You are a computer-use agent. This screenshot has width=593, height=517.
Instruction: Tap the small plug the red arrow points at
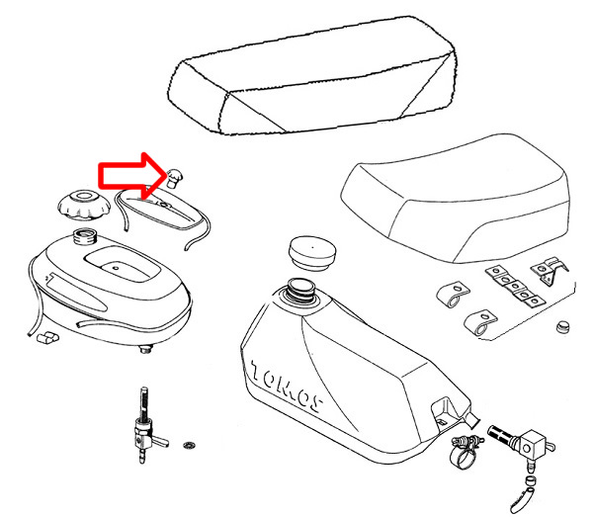[x=174, y=179]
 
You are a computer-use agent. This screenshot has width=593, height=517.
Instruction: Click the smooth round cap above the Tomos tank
[x=312, y=253]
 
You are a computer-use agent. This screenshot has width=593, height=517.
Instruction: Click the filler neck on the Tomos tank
[x=301, y=291]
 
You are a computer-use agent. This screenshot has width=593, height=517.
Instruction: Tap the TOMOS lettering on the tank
[x=287, y=387]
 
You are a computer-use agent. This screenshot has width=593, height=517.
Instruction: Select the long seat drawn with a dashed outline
[x=311, y=76]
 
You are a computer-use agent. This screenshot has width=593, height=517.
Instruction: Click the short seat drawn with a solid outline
[x=456, y=198]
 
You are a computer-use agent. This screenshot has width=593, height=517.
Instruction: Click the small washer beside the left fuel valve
[x=188, y=445]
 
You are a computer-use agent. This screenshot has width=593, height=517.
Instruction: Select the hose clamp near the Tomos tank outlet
[x=466, y=451]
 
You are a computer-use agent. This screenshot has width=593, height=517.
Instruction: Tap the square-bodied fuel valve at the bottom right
[x=522, y=446]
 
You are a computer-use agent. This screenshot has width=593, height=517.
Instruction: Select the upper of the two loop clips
[x=453, y=295]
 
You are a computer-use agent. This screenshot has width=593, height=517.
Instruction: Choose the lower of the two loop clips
[x=479, y=323]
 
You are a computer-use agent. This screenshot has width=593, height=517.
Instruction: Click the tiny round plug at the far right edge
[x=563, y=327]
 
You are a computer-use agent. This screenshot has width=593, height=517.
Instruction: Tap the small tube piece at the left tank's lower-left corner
[x=47, y=337]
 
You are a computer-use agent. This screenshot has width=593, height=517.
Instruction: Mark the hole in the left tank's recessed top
[x=116, y=268]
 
